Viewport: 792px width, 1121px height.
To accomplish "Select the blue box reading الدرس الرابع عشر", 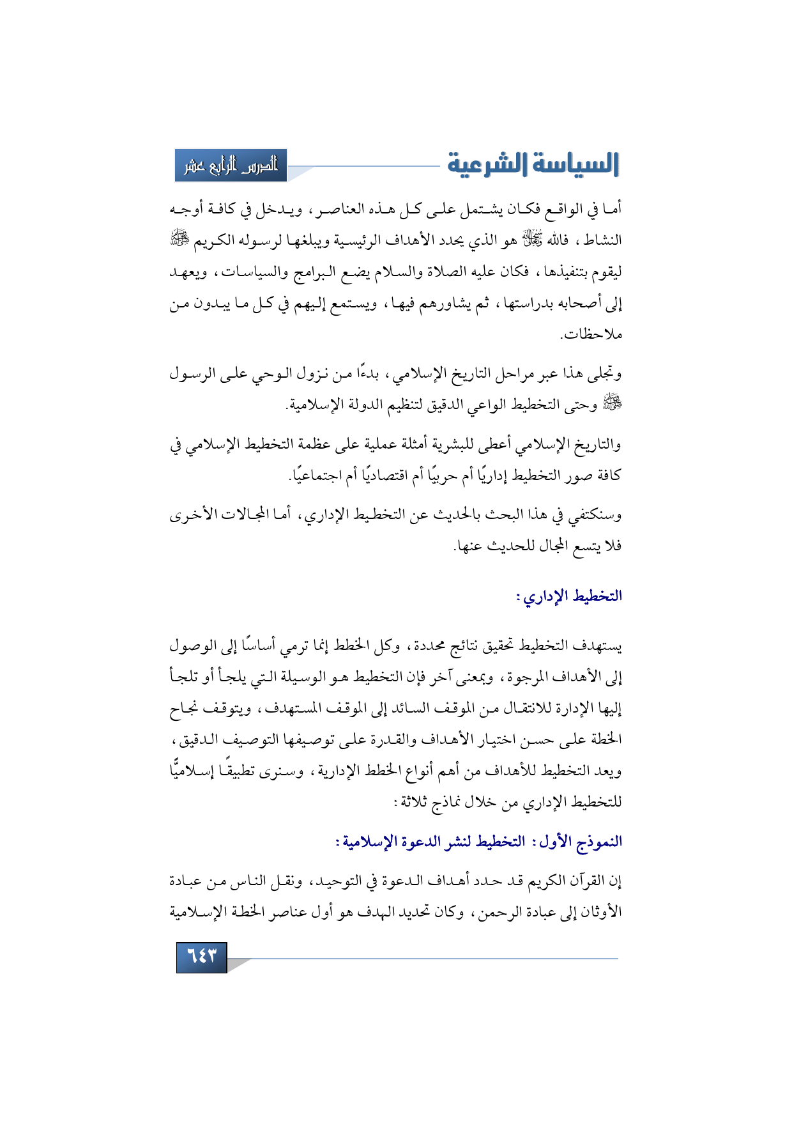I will [x=231, y=166].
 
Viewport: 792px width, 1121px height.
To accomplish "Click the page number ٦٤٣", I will [x=201, y=957].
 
